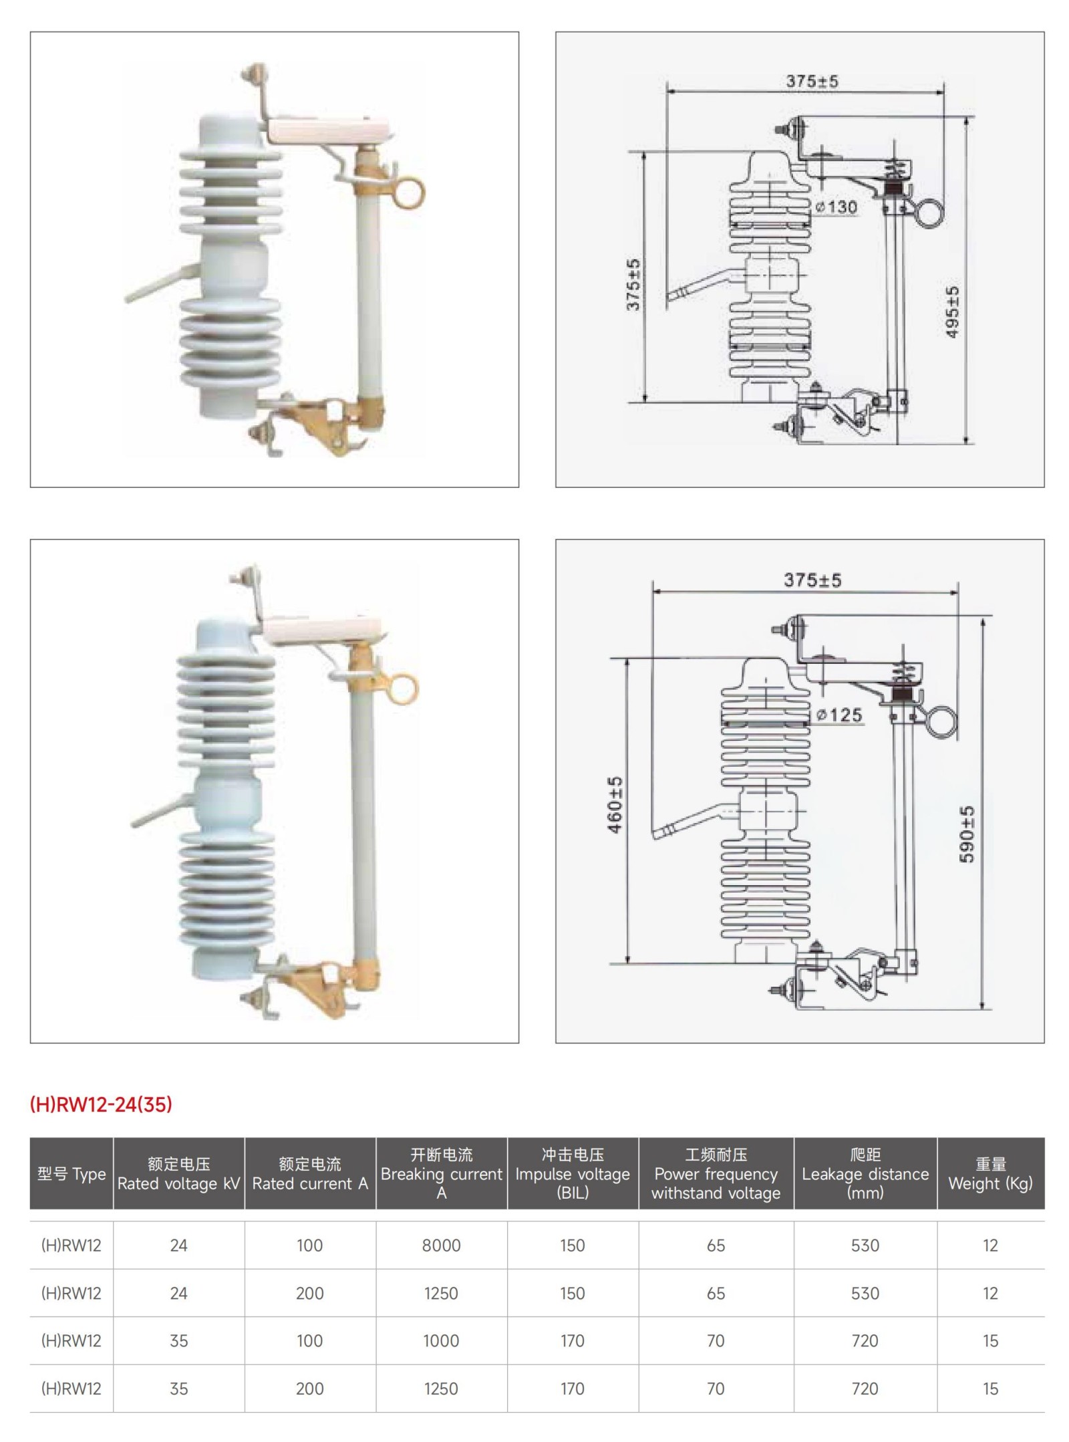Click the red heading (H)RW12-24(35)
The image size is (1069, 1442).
(101, 1104)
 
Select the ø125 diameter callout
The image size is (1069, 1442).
(839, 715)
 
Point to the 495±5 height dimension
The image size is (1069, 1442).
(953, 312)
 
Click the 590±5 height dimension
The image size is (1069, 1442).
(967, 834)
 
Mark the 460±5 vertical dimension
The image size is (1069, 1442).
(615, 805)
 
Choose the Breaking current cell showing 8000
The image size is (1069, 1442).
(441, 1245)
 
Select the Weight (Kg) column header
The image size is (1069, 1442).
(990, 1174)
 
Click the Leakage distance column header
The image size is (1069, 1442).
(865, 1174)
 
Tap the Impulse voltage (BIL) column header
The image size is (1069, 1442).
(573, 1174)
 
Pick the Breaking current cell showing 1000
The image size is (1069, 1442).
(441, 1340)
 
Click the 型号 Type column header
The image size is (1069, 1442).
(71, 1175)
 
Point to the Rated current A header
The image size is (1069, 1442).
(310, 1175)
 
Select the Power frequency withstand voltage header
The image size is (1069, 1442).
(716, 1174)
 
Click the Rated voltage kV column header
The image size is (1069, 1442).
(178, 1175)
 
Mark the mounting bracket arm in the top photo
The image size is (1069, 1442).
(160, 283)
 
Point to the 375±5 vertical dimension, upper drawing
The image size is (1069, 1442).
(633, 285)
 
